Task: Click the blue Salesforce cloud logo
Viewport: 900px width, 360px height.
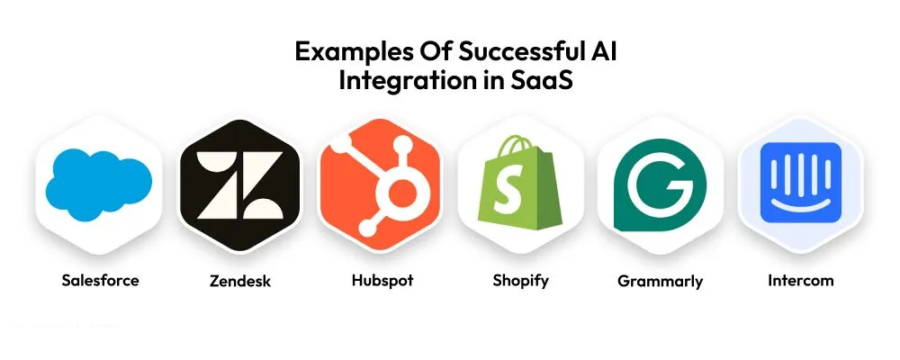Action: [99, 184]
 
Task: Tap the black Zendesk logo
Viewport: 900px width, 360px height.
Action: [239, 184]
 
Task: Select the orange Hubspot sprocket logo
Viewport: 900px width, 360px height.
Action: [380, 184]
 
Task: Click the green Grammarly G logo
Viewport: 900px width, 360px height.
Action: [660, 184]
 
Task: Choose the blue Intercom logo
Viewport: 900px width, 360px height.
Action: [801, 183]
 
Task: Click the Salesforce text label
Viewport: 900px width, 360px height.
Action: [101, 280]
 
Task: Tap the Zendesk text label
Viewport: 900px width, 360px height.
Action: [240, 281]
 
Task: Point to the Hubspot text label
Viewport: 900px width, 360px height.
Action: [382, 281]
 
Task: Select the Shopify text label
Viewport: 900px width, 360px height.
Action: [520, 281]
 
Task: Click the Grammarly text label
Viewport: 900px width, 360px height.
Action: [660, 282]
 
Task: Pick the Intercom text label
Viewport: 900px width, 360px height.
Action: [801, 280]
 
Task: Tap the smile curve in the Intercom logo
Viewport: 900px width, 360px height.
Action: [801, 202]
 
